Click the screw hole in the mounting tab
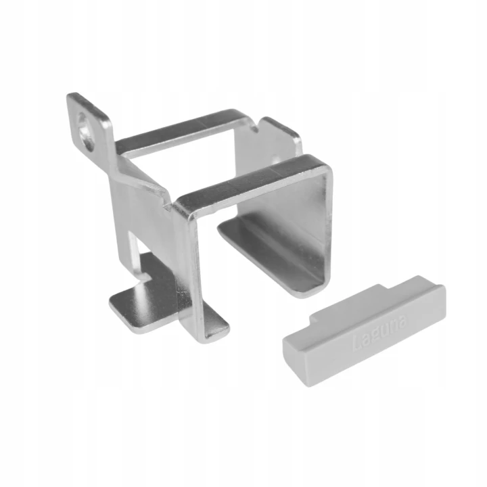pyautogui.click(x=87, y=132)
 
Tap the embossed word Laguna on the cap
pyautogui.click(x=379, y=333)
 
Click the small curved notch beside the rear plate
pyautogui.click(x=255, y=127)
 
